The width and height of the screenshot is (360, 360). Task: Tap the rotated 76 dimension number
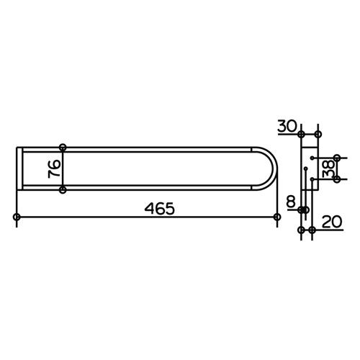tap(53, 169)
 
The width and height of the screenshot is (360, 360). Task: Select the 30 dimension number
tap(286, 125)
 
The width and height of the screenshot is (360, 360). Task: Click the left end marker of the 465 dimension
tap(17, 217)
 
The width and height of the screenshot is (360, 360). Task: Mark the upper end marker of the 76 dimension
tap(63, 148)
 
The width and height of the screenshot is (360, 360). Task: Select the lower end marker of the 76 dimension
tap(63, 190)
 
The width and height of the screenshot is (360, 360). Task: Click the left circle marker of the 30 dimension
tap(302, 135)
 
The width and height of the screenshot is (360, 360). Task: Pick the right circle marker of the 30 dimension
tap(318, 135)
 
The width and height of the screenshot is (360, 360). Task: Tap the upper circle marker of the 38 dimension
tap(337, 157)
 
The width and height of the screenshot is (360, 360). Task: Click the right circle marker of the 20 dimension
tap(312, 230)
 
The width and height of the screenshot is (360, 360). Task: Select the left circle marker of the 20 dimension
tap(301, 230)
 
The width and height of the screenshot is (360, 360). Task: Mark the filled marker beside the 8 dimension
tap(303, 210)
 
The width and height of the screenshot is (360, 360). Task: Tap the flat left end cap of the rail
tap(17, 169)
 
